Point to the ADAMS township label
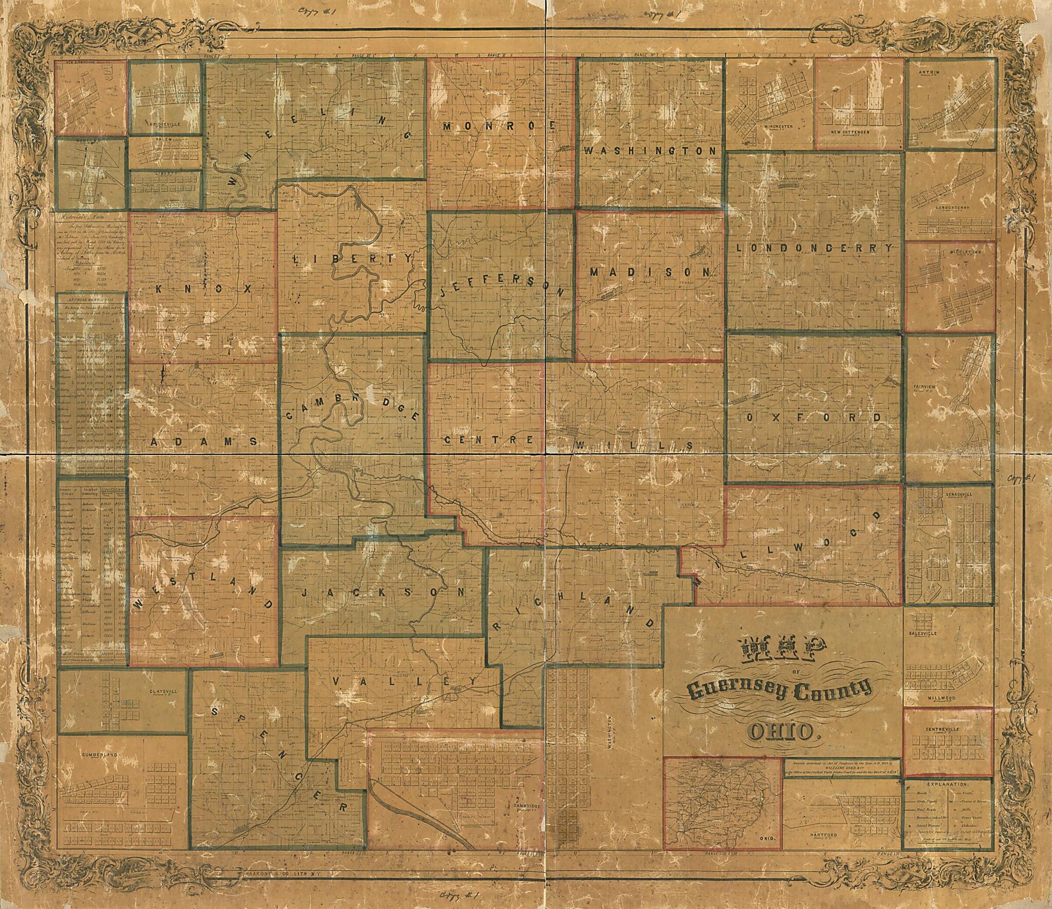click(x=203, y=441)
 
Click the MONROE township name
click(x=499, y=126)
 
